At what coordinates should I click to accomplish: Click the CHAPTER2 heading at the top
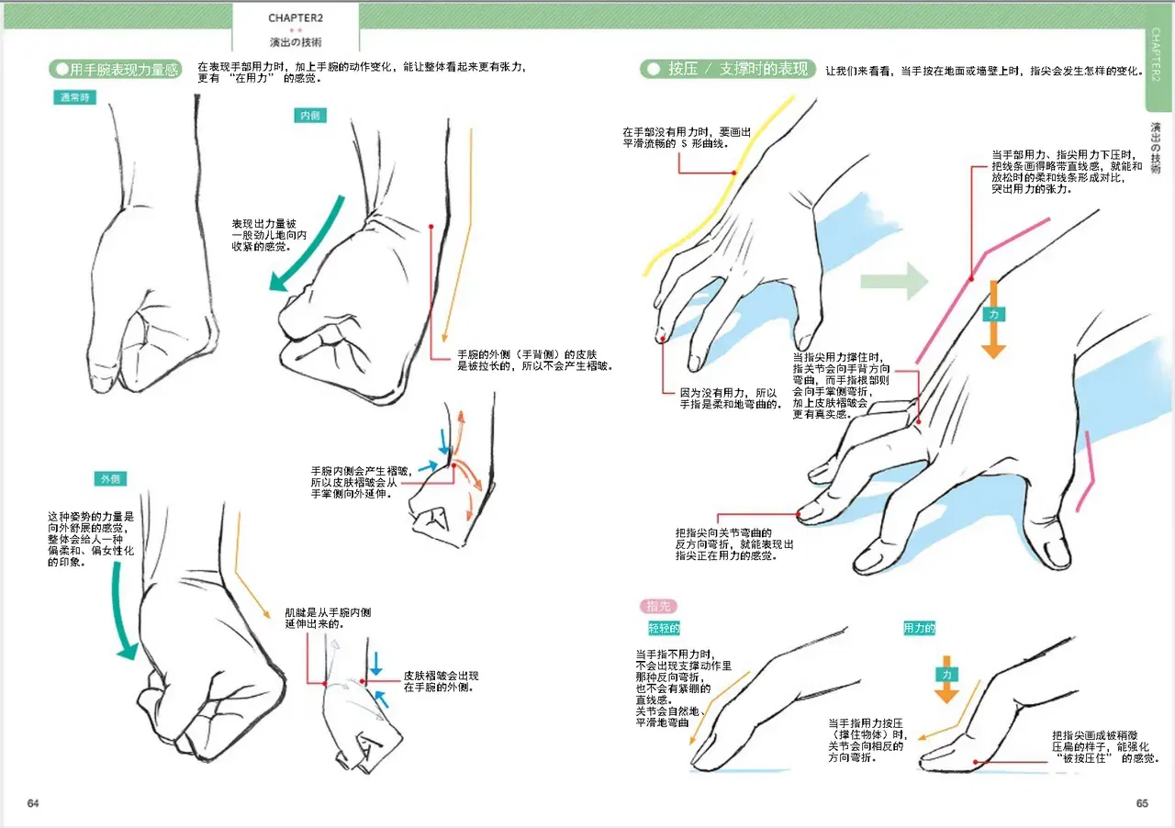pos(296,17)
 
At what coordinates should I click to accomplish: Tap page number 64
pos(33,803)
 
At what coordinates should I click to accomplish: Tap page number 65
pos(1142,803)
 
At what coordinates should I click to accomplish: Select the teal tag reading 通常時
pos(74,97)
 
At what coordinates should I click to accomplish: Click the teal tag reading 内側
pos(310,116)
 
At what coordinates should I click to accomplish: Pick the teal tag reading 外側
pos(110,478)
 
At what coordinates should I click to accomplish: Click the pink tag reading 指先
pos(658,607)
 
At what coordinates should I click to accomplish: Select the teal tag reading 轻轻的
pos(664,628)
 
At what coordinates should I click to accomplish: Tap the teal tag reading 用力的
pos(919,628)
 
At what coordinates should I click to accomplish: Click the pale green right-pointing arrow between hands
pos(894,282)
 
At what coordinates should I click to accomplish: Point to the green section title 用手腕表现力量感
pos(116,69)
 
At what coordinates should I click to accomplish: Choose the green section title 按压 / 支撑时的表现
pos(728,69)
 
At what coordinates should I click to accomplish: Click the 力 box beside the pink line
pos(993,314)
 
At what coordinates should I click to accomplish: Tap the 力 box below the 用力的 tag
pos(946,674)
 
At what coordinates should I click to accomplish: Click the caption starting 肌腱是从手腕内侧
pos(328,618)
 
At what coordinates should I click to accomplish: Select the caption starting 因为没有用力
pos(729,398)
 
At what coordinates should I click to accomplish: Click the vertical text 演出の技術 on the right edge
pos(1155,148)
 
